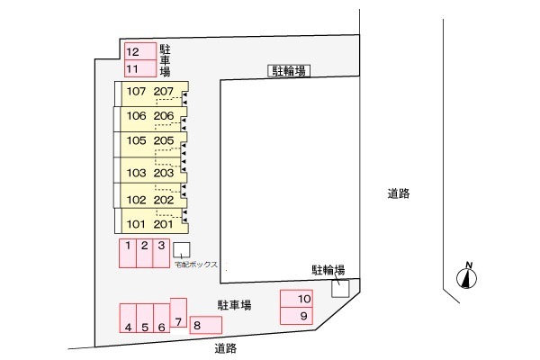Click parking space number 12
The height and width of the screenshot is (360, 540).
pyautogui.click(x=140, y=51)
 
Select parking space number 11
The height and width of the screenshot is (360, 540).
pyautogui.click(x=140, y=68)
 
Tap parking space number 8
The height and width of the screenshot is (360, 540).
pyautogui.click(x=205, y=325)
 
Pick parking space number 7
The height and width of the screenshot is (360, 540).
pyautogui.click(x=178, y=313)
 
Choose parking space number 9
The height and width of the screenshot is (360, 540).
pyautogui.click(x=296, y=316)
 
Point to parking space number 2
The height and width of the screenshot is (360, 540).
pyautogui.click(x=144, y=253)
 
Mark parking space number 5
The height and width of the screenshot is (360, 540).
pyautogui.click(x=145, y=318)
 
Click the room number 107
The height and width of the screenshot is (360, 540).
pyautogui.click(x=136, y=91)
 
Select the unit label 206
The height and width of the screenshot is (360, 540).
pyautogui.click(x=164, y=116)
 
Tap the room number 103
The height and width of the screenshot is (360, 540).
pyautogui.click(x=136, y=173)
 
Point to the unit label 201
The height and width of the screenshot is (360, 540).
pyautogui.click(x=163, y=224)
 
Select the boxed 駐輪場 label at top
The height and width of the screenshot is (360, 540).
pyautogui.click(x=289, y=71)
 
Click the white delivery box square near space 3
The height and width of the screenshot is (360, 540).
pyautogui.click(x=182, y=250)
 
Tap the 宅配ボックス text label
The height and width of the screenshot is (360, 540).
pyautogui.click(x=196, y=265)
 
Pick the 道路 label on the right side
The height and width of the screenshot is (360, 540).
pyautogui.click(x=399, y=193)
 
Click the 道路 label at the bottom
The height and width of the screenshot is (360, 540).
pyautogui.click(x=226, y=348)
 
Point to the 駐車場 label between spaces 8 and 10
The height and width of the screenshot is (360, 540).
pyautogui.click(x=234, y=305)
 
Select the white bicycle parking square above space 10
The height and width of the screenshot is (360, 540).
pyautogui.click(x=340, y=288)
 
